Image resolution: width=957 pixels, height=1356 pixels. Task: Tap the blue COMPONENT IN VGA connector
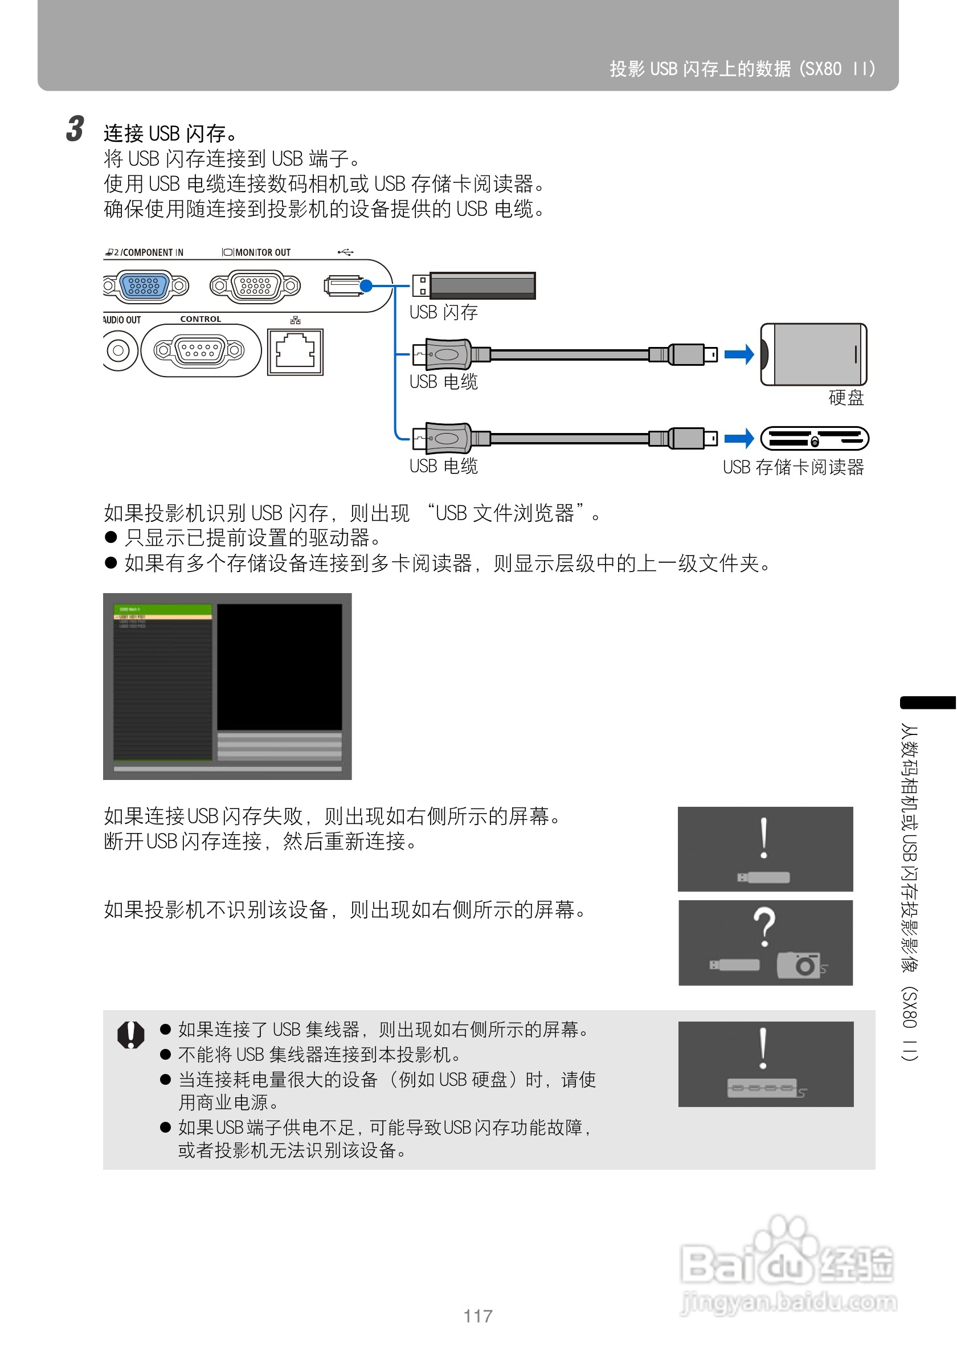click(145, 286)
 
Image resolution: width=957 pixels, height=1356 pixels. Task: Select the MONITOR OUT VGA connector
click(255, 286)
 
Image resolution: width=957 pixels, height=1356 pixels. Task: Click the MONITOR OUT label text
click(263, 253)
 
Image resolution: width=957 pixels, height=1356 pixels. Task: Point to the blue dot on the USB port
click(366, 286)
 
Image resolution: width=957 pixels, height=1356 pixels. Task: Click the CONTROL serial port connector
click(199, 350)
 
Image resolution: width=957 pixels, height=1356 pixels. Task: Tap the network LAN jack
click(295, 352)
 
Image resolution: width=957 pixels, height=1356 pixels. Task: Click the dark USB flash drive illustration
click(482, 286)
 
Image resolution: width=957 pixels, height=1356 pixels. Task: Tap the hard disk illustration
click(813, 354)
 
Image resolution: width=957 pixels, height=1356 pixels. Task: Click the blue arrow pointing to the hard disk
click(739, 354)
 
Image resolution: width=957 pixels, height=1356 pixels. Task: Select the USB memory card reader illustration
click(814, 439)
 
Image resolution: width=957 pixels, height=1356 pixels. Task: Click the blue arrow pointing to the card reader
click(739, 439)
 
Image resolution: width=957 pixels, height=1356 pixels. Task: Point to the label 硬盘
click(846, 398)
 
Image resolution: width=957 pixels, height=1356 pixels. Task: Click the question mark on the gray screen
click(764, 926)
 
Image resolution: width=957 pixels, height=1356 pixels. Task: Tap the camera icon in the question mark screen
click(799, 965)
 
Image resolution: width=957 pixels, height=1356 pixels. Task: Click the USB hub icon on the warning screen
click(762, 1087)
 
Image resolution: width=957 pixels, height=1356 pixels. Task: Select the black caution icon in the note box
click(131, 1035)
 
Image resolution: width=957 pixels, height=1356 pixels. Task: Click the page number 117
click(477, 1316)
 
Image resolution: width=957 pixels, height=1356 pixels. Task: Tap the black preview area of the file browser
click(279, 667)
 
